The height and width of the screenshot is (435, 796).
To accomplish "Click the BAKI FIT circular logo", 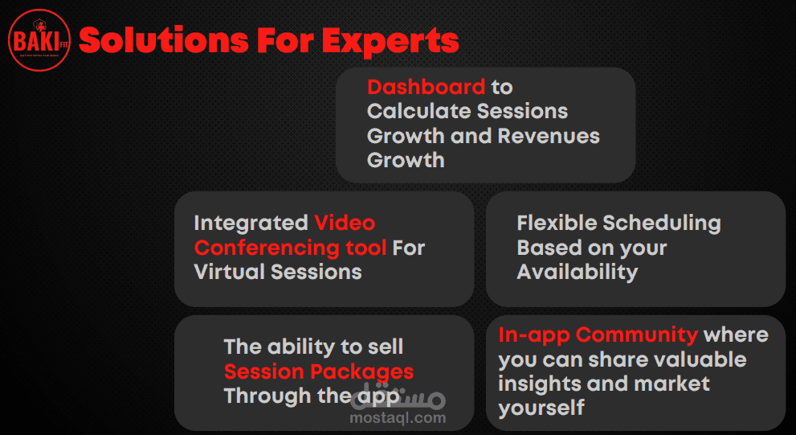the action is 39,39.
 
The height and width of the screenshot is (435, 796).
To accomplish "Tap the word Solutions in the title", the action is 164,41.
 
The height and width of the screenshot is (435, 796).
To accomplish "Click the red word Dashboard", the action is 426,88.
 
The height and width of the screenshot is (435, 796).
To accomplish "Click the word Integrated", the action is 251,223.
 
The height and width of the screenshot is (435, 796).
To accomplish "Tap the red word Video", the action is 345,223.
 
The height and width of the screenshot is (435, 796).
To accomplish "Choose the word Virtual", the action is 230,272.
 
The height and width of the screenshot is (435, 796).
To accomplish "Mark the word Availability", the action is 578,273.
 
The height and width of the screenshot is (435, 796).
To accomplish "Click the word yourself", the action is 541,408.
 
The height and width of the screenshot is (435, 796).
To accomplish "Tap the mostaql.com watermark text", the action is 398,418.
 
